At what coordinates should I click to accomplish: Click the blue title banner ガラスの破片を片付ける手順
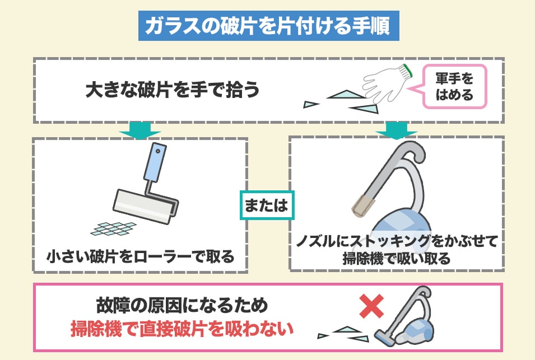[268, 26]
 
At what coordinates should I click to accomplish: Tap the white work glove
[387, 83]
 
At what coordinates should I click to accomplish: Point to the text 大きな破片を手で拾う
[173, 90]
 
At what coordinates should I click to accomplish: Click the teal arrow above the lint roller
[140, 130]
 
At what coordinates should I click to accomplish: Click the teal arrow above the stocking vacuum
[396, 130]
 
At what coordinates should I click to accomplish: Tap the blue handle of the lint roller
[155, 162]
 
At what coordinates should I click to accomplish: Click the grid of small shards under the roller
[113, 229]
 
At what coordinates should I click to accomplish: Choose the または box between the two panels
[267, 205]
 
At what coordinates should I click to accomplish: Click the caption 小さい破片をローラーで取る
[140, 256]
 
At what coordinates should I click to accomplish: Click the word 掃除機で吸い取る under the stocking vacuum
[397, 259]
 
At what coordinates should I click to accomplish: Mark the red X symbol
[372, 306]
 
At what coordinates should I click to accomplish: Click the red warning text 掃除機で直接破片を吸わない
[182, 329]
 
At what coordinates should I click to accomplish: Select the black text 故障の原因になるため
[182, 305]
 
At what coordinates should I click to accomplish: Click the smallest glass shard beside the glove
[310, 104]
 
